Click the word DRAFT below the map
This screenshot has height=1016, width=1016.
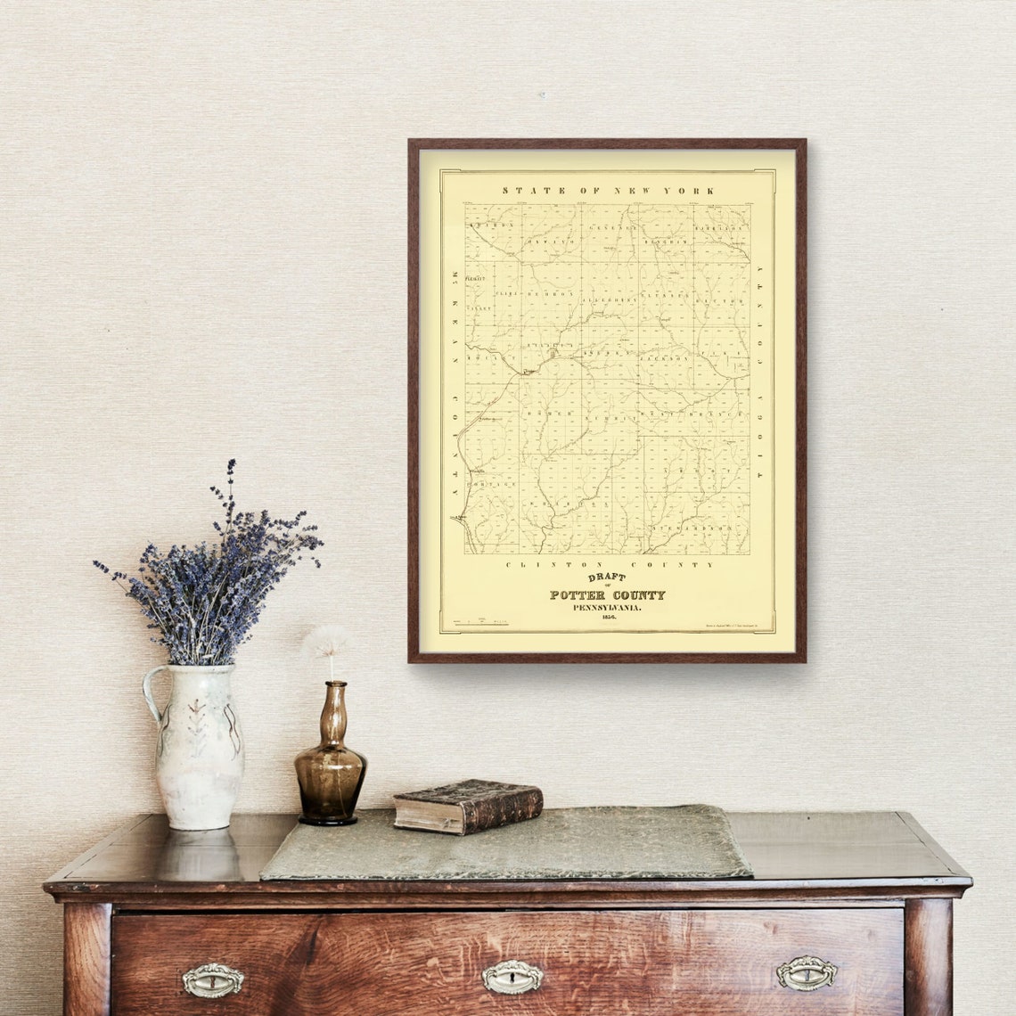tap(607, 577)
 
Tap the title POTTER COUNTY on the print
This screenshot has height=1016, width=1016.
tap(607, 594)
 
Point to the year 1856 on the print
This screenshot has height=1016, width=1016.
tap(608, 617)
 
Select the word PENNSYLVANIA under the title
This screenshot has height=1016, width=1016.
tap(607, 607)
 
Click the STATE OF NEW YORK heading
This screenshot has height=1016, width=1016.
tap(608, 191)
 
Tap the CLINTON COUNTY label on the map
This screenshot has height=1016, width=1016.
tap(610, 564)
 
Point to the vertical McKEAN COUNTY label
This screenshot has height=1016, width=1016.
tap(454, 382)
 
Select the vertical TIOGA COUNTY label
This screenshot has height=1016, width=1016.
tap(760, 373)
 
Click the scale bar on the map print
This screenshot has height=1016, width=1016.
tap(481, 621)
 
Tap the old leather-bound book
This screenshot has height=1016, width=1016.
tap(468, 806)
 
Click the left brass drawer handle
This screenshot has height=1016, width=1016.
tap(213, 980)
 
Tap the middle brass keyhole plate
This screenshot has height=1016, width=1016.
tap(512, 977)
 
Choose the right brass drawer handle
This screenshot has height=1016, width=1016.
tap(806, 973)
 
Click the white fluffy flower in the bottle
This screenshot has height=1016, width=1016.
tap(329, 639)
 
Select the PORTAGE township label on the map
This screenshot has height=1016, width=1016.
tap(493, 483)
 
